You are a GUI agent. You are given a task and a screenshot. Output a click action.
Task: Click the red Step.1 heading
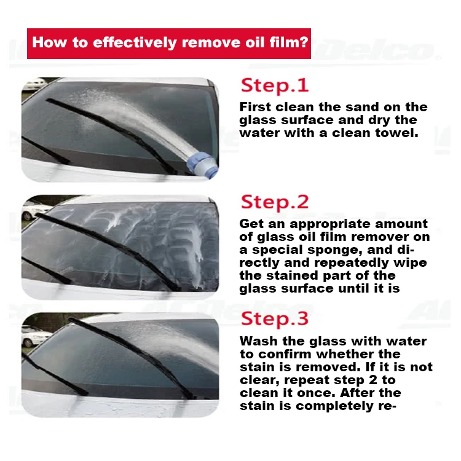point(274,85)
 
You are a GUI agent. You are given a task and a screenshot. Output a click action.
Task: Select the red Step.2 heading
point(274,202)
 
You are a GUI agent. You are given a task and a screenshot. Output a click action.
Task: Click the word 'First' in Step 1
point(258,107)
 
